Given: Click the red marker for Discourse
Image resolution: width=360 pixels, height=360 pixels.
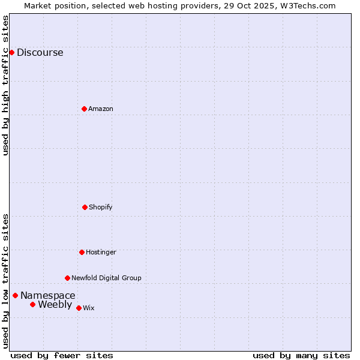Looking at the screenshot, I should (x=11, y=52).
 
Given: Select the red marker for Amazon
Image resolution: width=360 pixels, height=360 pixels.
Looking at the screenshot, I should (x=84, y=109).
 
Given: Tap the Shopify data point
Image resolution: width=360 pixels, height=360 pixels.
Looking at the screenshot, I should (x=85, y=207).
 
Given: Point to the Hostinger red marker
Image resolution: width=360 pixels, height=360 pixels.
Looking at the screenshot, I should (x=82, y=252).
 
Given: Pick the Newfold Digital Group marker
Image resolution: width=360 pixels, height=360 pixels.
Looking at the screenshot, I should (x=67, y=278).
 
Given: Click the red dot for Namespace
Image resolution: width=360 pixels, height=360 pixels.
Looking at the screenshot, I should (x=15, y=295).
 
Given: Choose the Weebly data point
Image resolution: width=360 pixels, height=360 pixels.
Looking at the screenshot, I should (x=32, y=304).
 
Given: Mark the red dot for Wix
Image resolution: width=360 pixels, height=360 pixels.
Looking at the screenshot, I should (x=79, y=308).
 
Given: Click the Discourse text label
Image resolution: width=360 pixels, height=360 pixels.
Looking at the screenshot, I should (x=40, y=52).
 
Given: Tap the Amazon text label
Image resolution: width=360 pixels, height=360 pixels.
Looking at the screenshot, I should (x=101, y=109).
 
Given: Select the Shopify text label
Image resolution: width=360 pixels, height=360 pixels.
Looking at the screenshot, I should (x=101, y=207).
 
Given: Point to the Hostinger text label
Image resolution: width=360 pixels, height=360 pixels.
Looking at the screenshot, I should (x=101, y=252).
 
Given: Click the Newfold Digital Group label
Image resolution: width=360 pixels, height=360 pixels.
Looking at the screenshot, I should (x=106, y=278).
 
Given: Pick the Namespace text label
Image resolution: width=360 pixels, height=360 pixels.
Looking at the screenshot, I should (x=48, y=295).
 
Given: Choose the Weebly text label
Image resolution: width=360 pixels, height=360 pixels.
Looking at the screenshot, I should (x=55, y=304).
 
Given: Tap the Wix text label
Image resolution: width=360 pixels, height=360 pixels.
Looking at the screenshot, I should (x=89, y=308).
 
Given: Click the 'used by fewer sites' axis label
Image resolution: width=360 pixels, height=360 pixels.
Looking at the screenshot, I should (x=62, y=355).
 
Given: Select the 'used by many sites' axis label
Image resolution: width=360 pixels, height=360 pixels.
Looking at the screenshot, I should (x=301, y=355).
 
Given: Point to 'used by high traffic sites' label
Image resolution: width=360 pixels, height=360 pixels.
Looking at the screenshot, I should (x=5, y=85).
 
